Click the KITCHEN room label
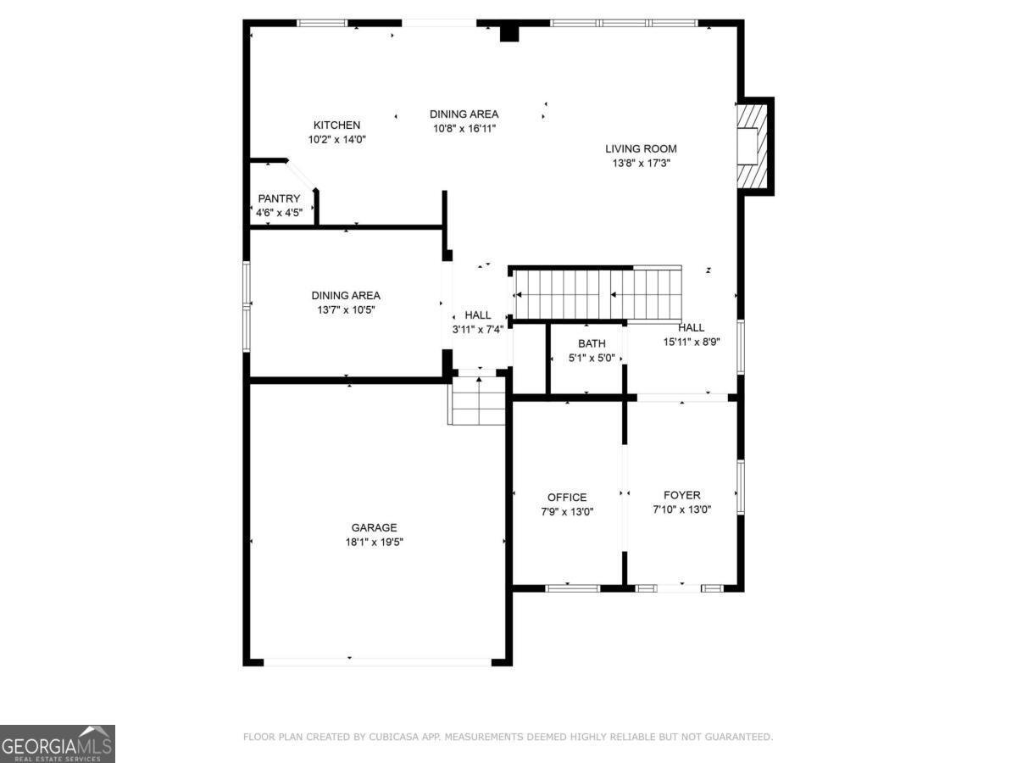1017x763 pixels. pos(336,125)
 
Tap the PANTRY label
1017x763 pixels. pos(279,198)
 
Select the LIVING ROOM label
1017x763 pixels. pos(641,148)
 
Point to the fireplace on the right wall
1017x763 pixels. pos(753,146)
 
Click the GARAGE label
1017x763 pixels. pos(374,527)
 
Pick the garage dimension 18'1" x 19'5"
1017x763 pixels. pos(374,543)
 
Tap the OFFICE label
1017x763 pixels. pos(566,498)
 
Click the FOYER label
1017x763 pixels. pos(681,495)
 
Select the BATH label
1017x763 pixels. pos(592,343)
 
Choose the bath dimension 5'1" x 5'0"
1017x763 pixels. pos(592,359)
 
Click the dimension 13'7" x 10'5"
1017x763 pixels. pos(345,310)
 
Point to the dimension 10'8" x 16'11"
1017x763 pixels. pos(464,129)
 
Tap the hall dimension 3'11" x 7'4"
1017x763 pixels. pos(477,330)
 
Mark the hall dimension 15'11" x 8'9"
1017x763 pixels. pos(691,343)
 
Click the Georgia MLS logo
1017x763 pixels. pos(58,744)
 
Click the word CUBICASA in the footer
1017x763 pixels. pos(392,738)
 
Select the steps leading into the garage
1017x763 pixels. pos(478,402)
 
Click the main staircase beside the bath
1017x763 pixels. pos(597,293)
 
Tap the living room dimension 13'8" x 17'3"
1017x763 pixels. pos(641,164)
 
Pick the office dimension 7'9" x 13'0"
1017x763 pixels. pos(566,512)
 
